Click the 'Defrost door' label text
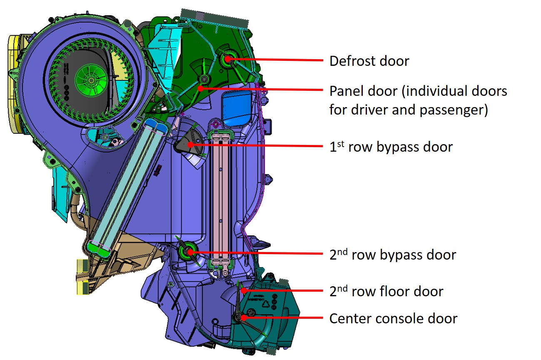coord(369,61)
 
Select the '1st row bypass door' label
coord(391,147)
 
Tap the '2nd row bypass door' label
coord(392,255)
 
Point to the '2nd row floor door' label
coord(386,291)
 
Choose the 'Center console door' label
coord(393,319)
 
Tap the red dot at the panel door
coord(200,88)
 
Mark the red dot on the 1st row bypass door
coord(190,145)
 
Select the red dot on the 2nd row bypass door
coord(190,252)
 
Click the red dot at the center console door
coord(243,317)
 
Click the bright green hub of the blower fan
coord(91,78)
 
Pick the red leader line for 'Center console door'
coord(283,317)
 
